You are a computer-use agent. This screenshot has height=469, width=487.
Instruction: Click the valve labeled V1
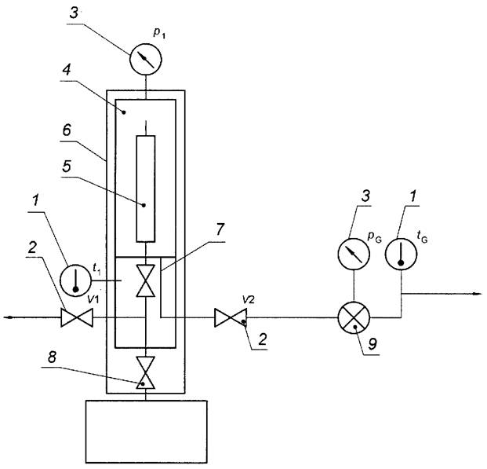click(77, 317)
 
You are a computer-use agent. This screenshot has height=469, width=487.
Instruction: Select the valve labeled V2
click(231, 317)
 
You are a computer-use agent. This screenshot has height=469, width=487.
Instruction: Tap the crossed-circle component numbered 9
click(354, 317)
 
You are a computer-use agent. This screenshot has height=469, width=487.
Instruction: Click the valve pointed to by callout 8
click(146, 373)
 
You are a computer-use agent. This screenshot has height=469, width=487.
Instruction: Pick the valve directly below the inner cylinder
click(146, 280)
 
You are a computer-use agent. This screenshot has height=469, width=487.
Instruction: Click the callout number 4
click(66, 70)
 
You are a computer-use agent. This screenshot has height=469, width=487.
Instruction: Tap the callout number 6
click(67, 130)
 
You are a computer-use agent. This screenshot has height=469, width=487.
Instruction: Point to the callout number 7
click(220, 229)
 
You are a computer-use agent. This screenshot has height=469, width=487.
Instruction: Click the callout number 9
click(372, 343)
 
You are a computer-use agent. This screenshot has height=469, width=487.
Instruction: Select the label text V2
click(249, 299)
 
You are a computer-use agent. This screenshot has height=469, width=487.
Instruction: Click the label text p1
click(159, 34)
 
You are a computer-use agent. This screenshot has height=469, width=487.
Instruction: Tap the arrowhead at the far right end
click(478, 294)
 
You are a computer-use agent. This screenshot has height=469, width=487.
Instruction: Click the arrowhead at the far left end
click(9, 317)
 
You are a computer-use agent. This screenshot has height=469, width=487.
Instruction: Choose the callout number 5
click(67, 167)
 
